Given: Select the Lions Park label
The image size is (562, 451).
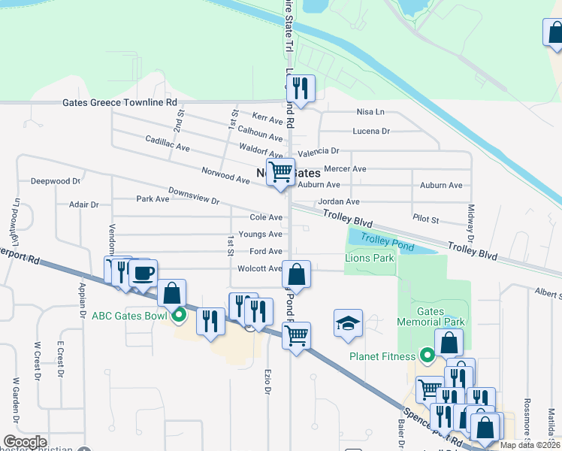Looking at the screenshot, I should pyautogui.click(x=369, y=258).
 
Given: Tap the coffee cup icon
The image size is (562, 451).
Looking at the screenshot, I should pyautogui.click(x=144, y=273).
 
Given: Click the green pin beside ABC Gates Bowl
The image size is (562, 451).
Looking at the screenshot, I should pyautogui.click(x=179, y=315).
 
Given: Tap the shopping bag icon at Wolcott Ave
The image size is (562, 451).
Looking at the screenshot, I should pyautogui.click(x=297, y=275).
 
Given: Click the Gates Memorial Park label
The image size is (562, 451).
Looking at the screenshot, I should pyautogui.click(x=441, y=316).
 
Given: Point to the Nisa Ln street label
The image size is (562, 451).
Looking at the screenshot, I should pyautogui.click(x=370, y=112).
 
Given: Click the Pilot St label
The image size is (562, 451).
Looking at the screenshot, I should pyautogui.click(x=425, y=218).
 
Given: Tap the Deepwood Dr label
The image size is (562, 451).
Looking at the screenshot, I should pyautogui.click(x=55, y=181).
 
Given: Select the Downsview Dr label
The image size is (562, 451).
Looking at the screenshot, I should pyautogui.click(x=193, y=196).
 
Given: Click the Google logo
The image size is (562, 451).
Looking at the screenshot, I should pyautogui.click(x=25, y=442).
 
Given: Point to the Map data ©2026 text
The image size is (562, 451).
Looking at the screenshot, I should pyautogui.click(x=530, y=445).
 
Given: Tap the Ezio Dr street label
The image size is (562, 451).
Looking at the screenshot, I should pyautogui.click(x=267, y=380).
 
